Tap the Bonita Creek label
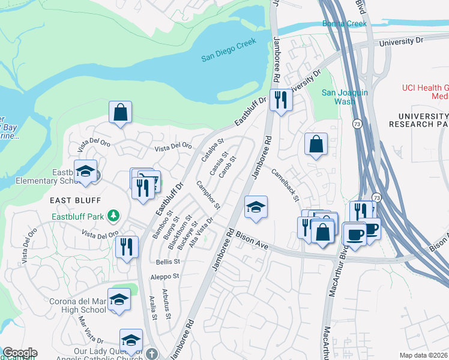(343, 23)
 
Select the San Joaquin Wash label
(339, 97)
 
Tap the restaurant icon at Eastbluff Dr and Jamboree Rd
(280, 100)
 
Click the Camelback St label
(285, 182)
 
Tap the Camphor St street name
(208, 194)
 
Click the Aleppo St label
(167, 276)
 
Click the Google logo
(19, 353)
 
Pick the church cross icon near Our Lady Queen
(152, 353)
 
